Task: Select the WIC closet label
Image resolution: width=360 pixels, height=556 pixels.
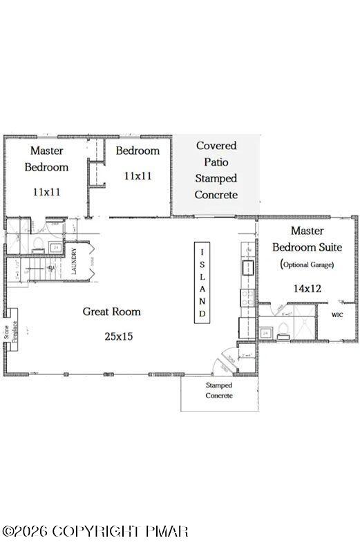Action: (x=337, y=314)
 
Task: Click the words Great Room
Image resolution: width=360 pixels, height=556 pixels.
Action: (x=111, y=311)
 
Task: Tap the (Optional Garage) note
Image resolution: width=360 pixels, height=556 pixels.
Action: (x=307, y=265)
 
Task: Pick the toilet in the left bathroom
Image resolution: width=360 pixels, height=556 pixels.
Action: (x=39, y=243)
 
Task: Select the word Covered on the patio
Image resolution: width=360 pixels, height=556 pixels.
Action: (x=216, y=146)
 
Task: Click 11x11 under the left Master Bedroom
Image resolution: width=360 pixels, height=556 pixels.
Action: (x=47, y=191)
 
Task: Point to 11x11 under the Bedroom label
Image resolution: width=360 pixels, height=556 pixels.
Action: (x=138, y=176)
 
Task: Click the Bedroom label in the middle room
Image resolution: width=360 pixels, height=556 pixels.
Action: (x=138, y=151)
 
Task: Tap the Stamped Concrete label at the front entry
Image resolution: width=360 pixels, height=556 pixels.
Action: (x=219, y=390)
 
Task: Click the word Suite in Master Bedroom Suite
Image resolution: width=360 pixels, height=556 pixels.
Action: (x=330, y=247)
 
